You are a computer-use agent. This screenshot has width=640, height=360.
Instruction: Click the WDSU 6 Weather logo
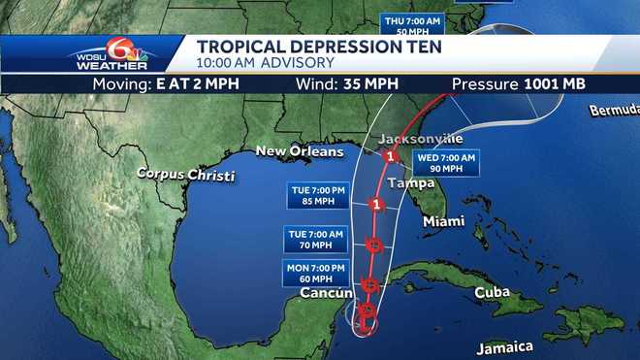point(110,54)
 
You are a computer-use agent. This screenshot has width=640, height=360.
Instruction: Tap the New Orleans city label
point(299,151)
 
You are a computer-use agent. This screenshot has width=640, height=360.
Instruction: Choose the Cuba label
point(492,293)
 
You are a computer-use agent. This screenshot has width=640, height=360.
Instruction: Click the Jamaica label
point(505,345)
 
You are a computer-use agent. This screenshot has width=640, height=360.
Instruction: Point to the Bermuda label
point(613,111)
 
